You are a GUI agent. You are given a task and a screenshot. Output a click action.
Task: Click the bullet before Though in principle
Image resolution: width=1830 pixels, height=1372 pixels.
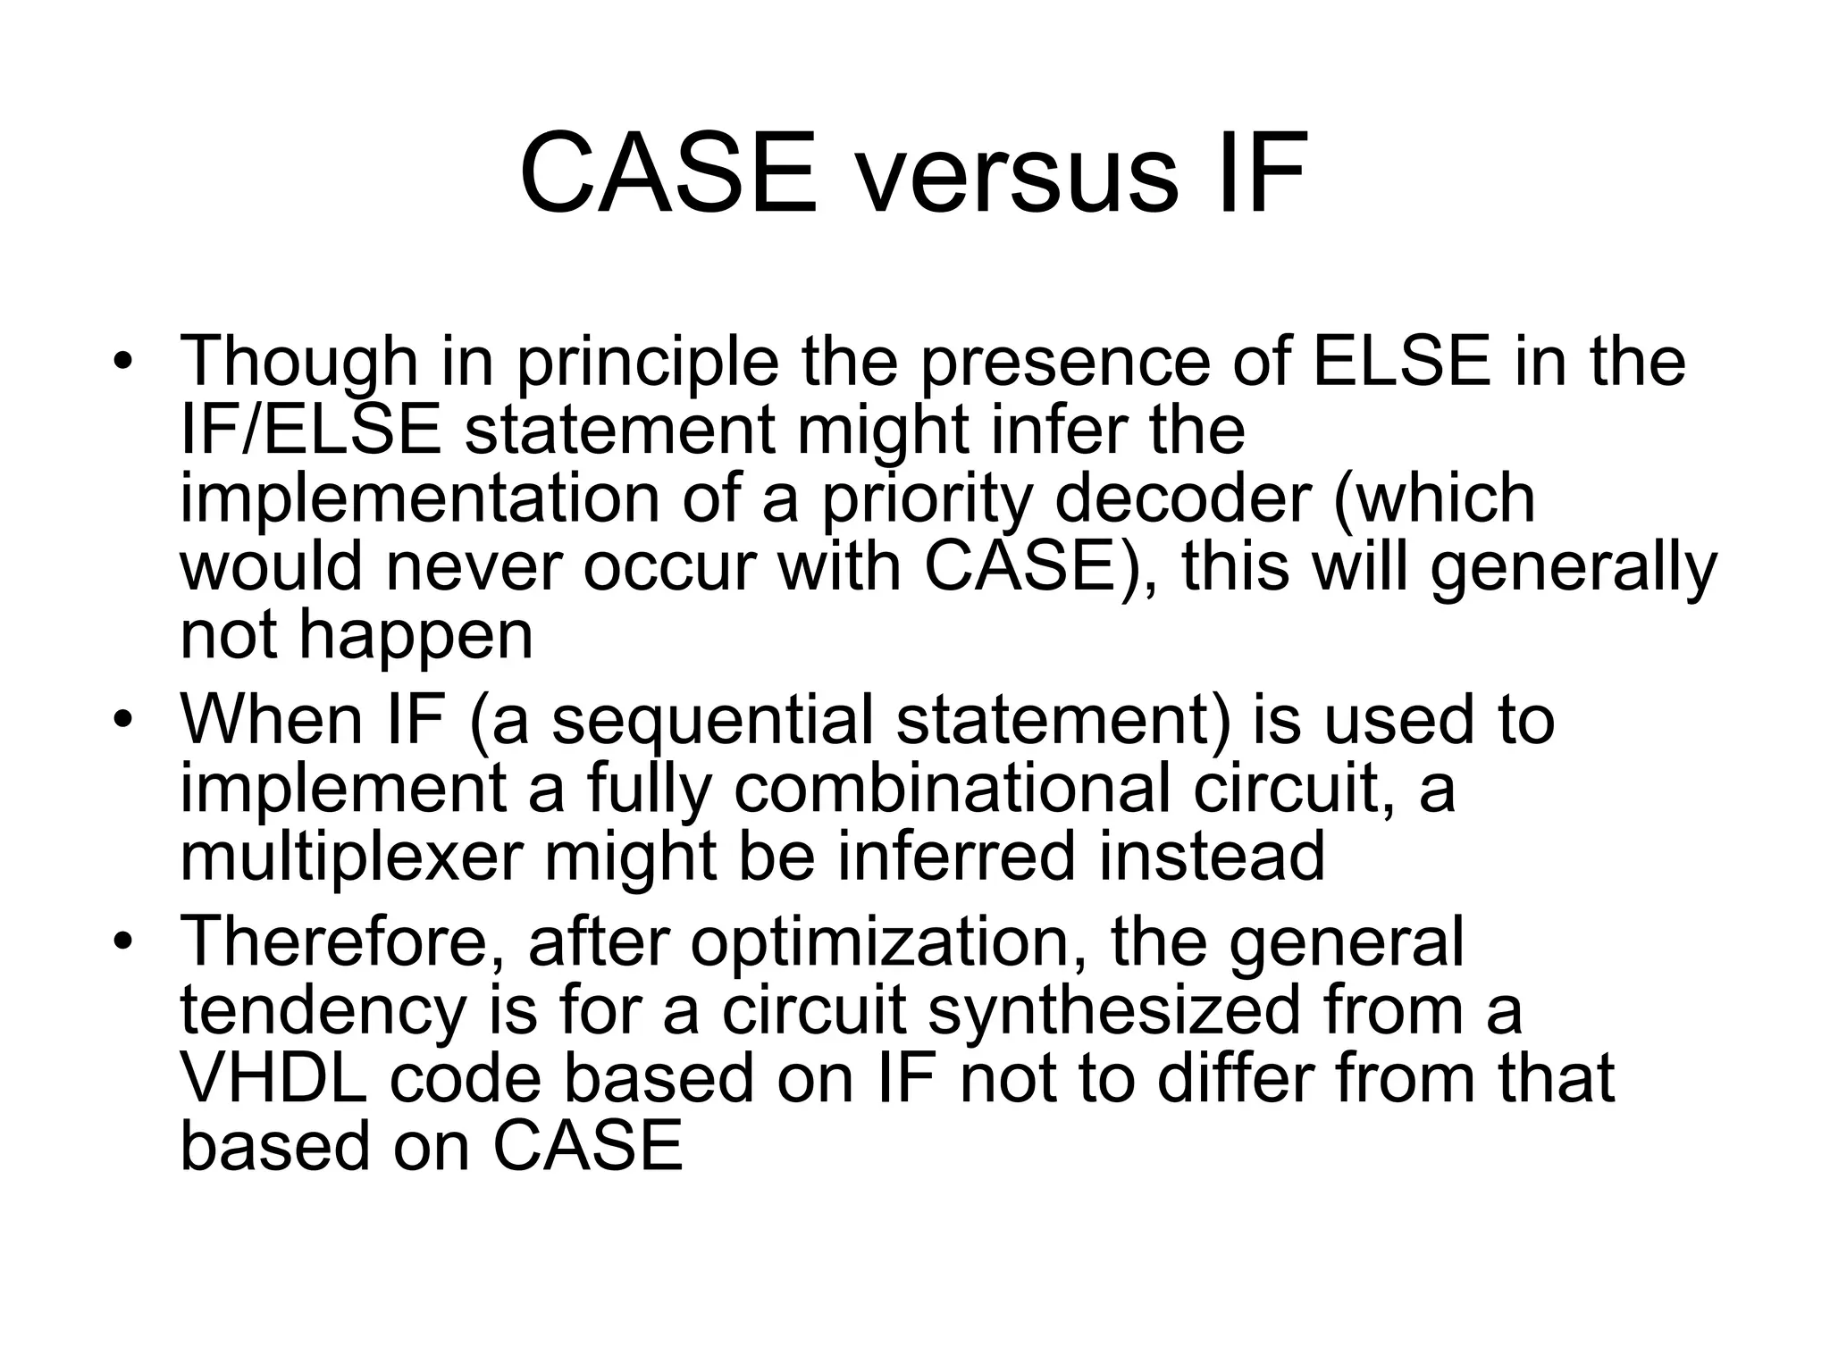122,364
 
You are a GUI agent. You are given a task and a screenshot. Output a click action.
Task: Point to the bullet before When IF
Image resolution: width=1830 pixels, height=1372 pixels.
122,721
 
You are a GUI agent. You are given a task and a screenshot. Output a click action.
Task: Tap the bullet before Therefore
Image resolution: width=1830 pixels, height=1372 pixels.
122,942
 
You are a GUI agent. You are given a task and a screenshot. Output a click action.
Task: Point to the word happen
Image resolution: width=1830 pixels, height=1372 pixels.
416,637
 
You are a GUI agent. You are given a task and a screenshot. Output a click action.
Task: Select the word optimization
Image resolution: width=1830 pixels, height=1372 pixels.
889,942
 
